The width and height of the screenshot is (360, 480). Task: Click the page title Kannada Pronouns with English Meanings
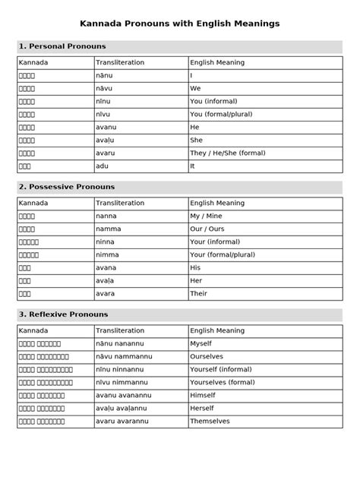[180, 24]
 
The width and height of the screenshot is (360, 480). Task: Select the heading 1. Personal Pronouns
[62, 47]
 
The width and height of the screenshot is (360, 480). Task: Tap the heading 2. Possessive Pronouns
[66, 187]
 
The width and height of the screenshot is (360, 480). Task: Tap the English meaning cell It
[193, 166]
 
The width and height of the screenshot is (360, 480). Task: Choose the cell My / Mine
[210, 216]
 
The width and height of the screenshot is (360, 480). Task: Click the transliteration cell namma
[106, 229]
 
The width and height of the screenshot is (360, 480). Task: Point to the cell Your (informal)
[215, 242]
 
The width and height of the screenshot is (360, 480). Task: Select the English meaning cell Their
[201, 293]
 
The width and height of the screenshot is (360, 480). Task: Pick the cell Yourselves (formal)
[223, 382]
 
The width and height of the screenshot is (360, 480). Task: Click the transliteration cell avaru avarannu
[122, 421]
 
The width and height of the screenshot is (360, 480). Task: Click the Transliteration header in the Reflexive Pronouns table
[120, 331]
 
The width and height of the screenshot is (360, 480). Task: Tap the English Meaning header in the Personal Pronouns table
[217, 62]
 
